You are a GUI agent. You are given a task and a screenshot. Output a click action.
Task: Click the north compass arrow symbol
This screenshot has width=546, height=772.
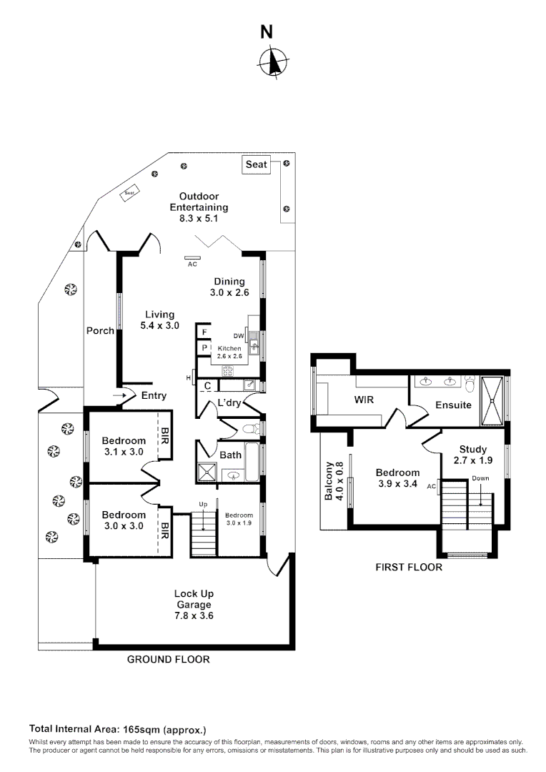point(272,61)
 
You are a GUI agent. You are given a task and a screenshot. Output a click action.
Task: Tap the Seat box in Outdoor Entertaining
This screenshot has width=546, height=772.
point(256,164)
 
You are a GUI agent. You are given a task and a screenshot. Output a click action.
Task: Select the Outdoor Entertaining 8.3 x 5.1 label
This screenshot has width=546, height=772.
point(199,207)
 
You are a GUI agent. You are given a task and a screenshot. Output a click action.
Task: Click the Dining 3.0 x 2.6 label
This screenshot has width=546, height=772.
point(228,287)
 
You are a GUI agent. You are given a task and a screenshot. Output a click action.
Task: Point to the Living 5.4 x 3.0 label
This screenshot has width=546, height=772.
point(159,320)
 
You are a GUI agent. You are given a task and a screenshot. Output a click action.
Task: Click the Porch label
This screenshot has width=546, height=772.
point(100,330)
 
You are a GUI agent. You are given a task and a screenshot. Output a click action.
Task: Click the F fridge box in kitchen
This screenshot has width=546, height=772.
point(204,332)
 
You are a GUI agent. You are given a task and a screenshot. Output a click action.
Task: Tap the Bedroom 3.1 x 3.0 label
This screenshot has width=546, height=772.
point(123,446)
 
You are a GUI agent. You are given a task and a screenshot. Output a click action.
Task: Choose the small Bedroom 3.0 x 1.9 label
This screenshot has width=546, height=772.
point(239,518)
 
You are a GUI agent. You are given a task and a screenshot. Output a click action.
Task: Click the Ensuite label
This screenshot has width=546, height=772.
point(453,405)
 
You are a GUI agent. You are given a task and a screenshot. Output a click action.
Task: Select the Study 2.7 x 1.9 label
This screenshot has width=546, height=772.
point(472,455)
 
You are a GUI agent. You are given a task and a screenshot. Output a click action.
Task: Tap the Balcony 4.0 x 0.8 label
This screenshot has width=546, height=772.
point(334,481)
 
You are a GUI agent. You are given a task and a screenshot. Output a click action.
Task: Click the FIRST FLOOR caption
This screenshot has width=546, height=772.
point(409,567)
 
